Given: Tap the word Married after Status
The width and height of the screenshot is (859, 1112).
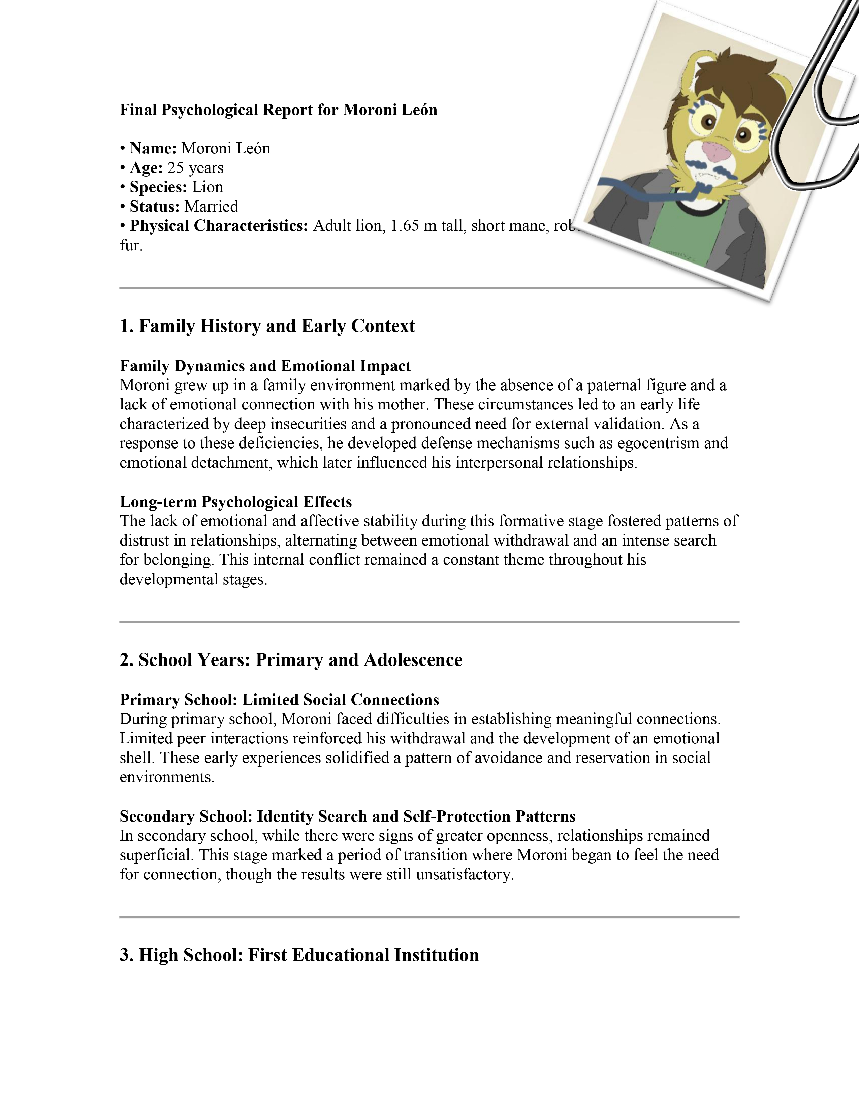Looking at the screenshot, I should tap(211, 206).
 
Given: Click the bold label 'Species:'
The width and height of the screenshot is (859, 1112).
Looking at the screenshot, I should tap(158, 187).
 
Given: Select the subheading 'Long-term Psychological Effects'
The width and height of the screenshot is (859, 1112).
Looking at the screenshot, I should tap(235, 502).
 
